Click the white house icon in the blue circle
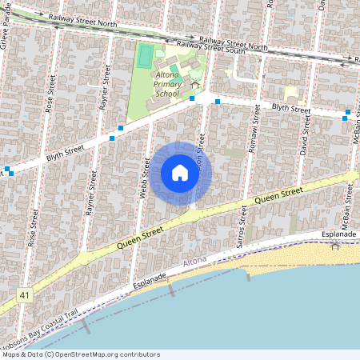pyautogui.click(x=179, y=173)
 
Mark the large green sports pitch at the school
pyautogui.click(x=145, y=56)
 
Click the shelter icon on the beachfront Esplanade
pyautogui.click(x=335, y=246)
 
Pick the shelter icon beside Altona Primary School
pyautogui.click(x=195, y=83)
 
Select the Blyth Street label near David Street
pyautogui.click(x=290, y=108)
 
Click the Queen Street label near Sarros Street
pyautogui.click(x=278, y=194)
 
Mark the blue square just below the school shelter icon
pyautogui.click(x=192, y=98)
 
